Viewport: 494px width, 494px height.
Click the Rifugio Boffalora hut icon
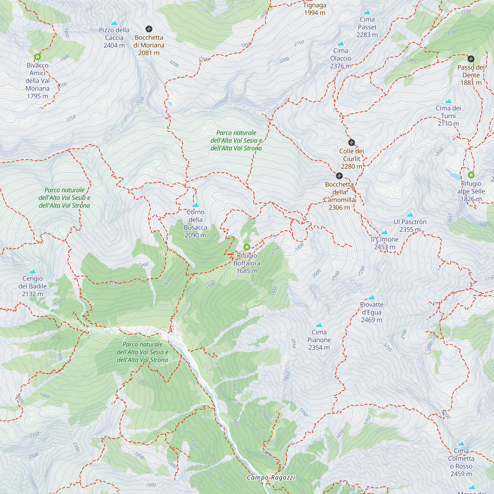tap(247, 247)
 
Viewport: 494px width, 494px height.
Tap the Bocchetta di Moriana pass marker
tap(149, 29)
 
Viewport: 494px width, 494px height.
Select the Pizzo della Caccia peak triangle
tap(114, 23)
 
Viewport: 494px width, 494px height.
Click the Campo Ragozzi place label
tap(271, 477)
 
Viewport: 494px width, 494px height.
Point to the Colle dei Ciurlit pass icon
tap(351, 143)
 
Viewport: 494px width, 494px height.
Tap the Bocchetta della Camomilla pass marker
tap(339, 176)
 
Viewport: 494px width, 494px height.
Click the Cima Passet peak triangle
tap(367, 12)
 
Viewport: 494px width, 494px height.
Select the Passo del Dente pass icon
tap(471, 59)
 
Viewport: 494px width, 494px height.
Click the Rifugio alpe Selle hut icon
tap(471, 175)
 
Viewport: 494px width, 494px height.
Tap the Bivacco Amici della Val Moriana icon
tap(37, 57)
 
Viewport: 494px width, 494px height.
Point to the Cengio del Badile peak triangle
tap(32, 271)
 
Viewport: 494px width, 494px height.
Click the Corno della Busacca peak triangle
tap(196, 205)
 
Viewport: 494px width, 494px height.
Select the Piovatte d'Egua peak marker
tap(372, 297)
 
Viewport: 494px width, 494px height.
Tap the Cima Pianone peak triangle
tap(319, 325)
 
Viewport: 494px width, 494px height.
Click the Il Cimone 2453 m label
tap(385, 243)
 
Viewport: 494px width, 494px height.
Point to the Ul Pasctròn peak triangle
tap(410, 215)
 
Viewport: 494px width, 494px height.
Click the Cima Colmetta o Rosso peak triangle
tap(461, 444)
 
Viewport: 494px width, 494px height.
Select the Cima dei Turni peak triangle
tap(448, 101)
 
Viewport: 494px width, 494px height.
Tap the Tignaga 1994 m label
tap(315, 9)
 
